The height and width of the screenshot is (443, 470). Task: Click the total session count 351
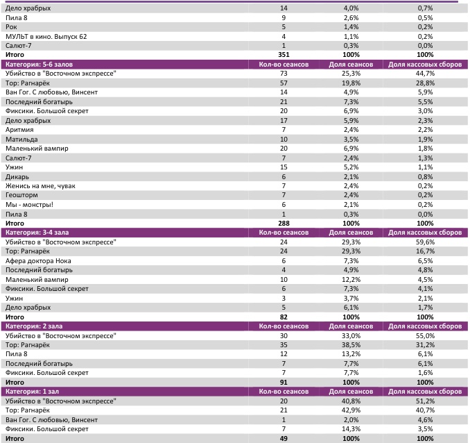click(x=283, y=54)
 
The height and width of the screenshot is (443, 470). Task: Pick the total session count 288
click(x=283, y=224)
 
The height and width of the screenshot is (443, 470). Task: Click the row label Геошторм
click(x=22, y=195)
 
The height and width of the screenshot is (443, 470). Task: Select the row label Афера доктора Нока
click(x=39, y=261)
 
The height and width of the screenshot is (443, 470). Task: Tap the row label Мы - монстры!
click(x=29, y=205)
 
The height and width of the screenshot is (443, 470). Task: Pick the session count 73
click(x=284, y=73)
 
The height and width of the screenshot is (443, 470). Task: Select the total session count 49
click(x=284, y=439)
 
